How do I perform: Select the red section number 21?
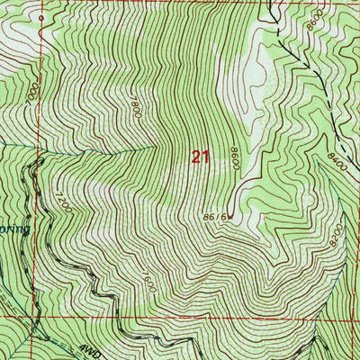[x=200, y=157]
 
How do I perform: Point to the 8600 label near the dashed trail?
[x=312, y=28]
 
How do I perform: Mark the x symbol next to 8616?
[x=231, y=216]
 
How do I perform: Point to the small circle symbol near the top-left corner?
[x=41, y=17]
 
